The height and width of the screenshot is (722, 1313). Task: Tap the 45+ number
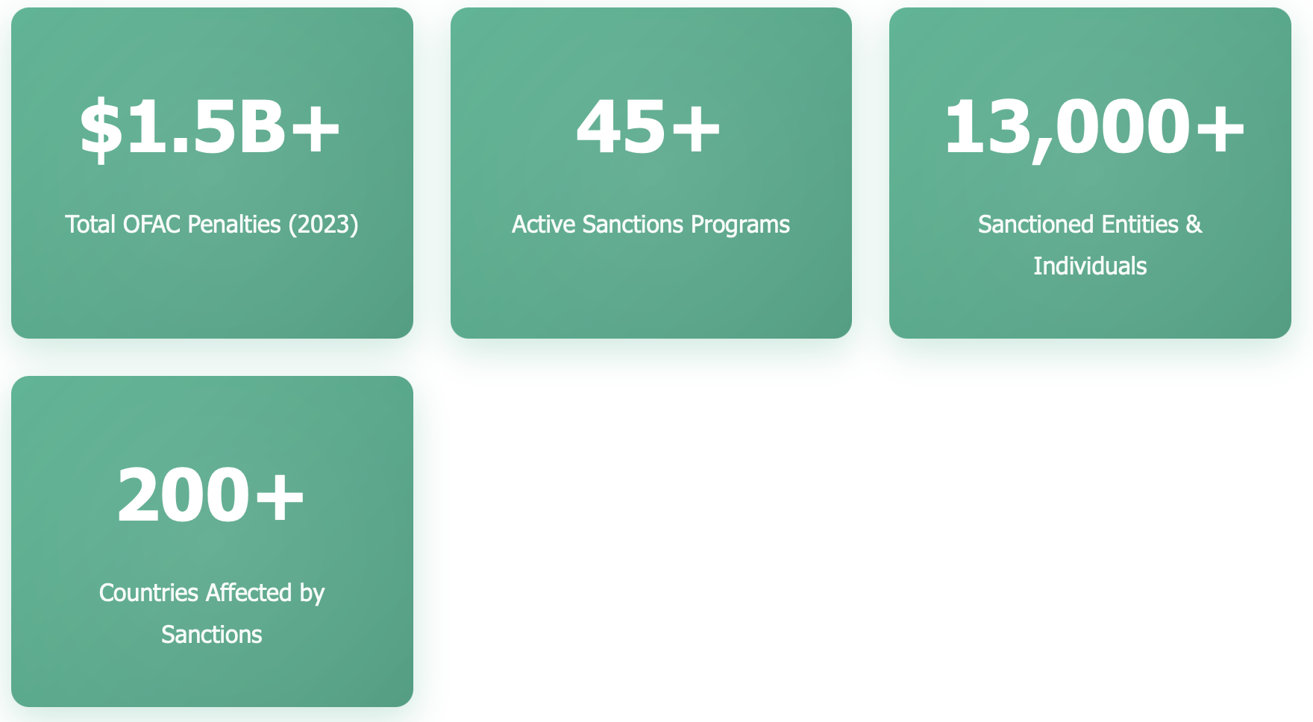coord(649,127)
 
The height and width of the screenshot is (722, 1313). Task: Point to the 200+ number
coord(211,495)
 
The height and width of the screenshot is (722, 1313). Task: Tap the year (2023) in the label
coord(324,225)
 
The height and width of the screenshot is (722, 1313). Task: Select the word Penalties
coord(234,225)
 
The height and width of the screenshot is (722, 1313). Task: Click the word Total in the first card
coord(90,225)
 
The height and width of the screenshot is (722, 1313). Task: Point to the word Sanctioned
coord(1027,225)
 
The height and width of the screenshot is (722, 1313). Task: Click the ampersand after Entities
coord(1194,225)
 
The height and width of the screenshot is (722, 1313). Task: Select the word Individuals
coord(1090,266)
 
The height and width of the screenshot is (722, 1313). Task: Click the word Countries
coord(148,593)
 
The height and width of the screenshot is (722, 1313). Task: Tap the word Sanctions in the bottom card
coord(212,635)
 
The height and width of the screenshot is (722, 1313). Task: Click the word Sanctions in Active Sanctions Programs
coord(633,225)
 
